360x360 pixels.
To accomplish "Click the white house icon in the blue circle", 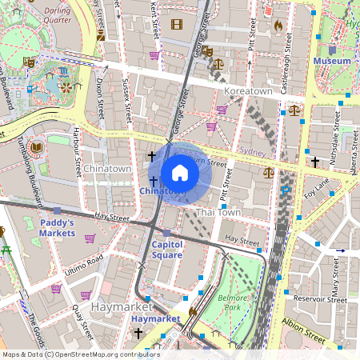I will point(180,173).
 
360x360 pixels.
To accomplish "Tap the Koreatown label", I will point(250,92).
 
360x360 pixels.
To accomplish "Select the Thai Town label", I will point(218,213).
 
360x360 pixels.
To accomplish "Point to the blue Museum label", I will point(332,61).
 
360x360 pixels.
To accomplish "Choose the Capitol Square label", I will point(167,250).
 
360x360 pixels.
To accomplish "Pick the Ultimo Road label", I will point(85,262).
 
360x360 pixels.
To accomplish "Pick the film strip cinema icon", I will point(176,24).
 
